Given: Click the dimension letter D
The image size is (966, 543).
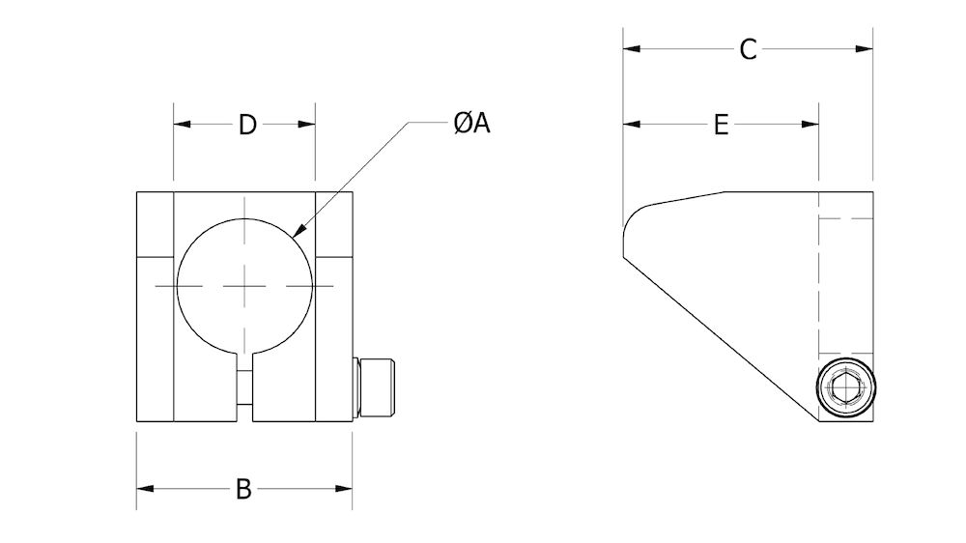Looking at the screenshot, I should click(x=247, y=125).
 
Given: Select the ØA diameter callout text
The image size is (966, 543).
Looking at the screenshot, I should click(x=471, y=123).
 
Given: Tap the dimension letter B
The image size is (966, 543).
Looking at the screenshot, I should click(x=243, y=489).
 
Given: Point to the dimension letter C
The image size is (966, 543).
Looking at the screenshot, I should click(x=748, y=50).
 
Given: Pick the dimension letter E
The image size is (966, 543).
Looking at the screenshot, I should click(x=721, y=125).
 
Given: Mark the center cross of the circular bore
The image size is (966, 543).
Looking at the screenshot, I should click(x=245, y=286).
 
